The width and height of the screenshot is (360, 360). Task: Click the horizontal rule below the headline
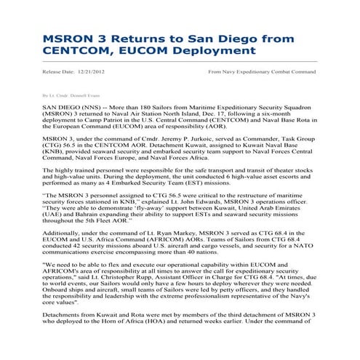tap(180, 62)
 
